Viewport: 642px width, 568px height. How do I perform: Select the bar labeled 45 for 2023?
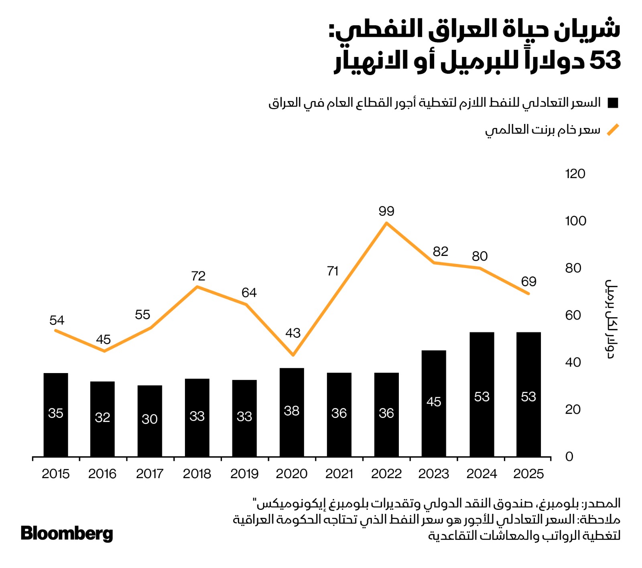coord(434,403)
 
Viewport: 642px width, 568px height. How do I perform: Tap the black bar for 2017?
coord(150,421)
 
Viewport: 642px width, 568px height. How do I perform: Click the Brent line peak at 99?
coord(386,223)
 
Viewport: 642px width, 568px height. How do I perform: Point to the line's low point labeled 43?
coord(293,355)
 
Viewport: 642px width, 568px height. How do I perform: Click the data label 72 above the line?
coord(198,276)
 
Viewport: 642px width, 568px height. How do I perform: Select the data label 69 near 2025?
coord(528,282)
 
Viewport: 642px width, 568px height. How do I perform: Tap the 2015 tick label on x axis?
coord(55,474)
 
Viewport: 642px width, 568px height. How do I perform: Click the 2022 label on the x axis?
coord(386,474)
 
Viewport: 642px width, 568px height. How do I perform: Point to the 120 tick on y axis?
coord(575,174)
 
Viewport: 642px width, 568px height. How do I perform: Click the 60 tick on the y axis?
coord(573,315)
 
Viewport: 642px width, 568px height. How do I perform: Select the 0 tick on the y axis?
coord(569,456)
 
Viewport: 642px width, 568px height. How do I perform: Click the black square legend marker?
coord(613,103)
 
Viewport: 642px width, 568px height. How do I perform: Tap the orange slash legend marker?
coord(613,130)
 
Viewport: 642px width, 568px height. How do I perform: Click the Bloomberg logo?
coord(67,534)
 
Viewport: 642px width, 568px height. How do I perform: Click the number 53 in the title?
coord(605,61)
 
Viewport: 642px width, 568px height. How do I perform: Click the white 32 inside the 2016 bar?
coord(102,417)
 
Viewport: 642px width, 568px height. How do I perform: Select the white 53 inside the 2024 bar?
coord(481,397)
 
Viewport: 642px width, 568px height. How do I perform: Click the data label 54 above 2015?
coord(57,320)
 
